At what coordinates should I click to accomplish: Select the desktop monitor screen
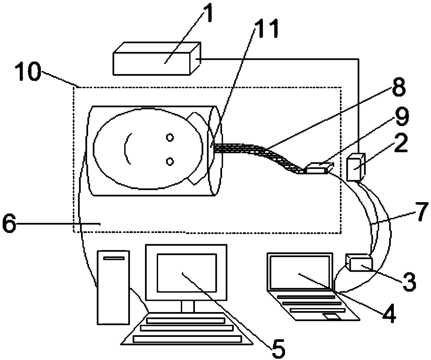[187, 272]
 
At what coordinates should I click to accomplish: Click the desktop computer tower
[114, 287]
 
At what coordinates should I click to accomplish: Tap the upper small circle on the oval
[170, 138]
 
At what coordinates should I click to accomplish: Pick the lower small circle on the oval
[170, 161]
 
